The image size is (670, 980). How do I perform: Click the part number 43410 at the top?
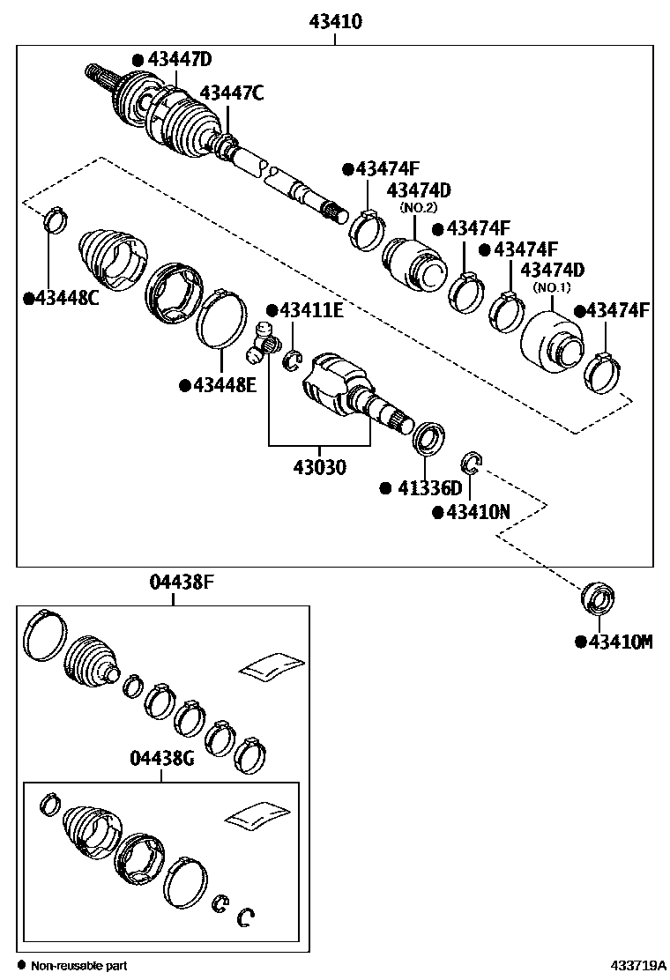335,22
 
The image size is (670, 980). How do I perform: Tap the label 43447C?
231,93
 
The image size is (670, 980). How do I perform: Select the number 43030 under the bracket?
319,466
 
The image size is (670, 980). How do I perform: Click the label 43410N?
472,512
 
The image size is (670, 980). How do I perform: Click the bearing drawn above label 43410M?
599,599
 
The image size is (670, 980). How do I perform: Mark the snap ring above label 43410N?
473,460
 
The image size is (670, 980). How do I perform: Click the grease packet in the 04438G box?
257,816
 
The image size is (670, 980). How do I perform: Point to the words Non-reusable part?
79,966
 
